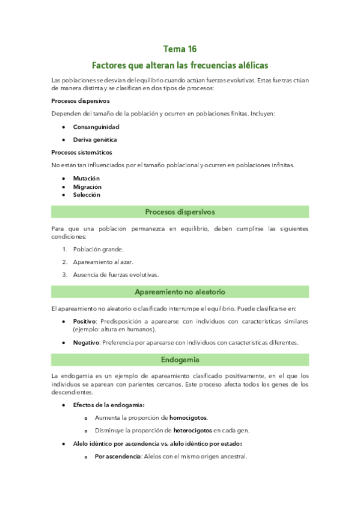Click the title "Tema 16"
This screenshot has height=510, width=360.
(180, 49)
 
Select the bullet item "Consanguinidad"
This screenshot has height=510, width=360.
(96, 127)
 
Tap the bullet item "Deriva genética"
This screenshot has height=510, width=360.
(95, 140)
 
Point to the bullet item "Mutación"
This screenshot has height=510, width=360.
(86, 179)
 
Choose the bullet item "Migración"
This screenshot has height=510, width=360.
(87, 186)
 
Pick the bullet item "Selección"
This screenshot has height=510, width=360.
(87, 195)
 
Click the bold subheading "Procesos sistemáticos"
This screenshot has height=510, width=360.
(82, 152)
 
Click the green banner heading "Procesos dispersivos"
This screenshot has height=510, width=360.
(180, 212)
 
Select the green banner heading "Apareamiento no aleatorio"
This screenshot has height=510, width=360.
(180, 292)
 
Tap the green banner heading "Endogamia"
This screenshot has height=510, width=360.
(180, 360)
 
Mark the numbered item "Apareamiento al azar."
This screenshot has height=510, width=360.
(103, 262)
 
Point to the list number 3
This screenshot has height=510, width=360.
(64, 274)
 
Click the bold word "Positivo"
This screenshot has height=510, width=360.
(85, 322)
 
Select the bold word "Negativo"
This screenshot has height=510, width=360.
(86, 343)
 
